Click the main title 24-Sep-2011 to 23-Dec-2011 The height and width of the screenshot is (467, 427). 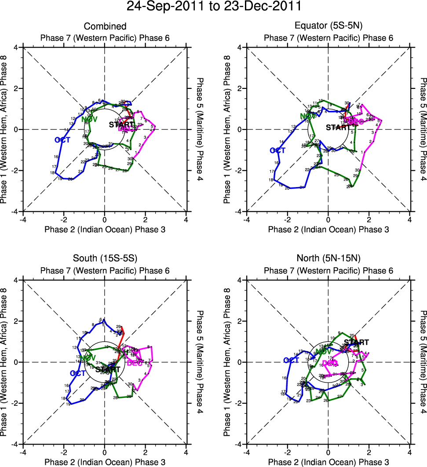tap(213, 7)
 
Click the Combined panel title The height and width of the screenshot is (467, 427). tap(105, 27)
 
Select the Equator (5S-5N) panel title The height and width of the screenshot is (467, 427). tap(328, 27)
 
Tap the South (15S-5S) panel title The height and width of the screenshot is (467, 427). tap(105, 259)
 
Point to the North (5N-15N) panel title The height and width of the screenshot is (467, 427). tap(328, 259)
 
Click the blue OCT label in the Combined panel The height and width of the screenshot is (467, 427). tap(62, 140)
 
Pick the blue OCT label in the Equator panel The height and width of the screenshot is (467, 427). tap(278, 151)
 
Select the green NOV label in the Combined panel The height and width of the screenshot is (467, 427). tap(89, 119)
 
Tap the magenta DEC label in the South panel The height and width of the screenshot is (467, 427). tap(135, 363)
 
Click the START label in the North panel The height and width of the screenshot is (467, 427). tap(356, 342)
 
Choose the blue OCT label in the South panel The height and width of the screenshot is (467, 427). tap(78, 373)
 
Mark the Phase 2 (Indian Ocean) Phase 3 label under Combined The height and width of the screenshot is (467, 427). tap(105, 229)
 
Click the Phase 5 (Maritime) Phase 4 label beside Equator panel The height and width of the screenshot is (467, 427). tap(423, 129)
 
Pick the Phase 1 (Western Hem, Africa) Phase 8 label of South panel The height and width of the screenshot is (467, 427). tap(4, 362)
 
